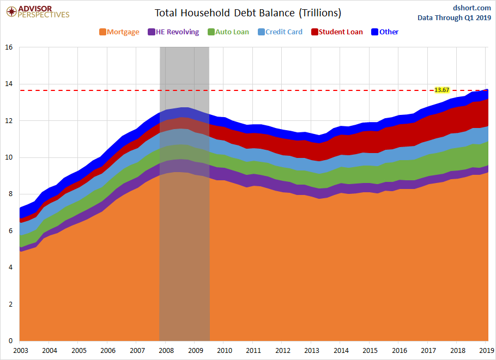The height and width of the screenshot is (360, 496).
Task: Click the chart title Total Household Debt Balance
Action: tap(248, 13)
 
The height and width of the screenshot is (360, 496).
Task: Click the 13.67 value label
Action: tap(441, 90)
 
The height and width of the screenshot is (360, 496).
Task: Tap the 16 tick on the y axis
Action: tap(9, 47)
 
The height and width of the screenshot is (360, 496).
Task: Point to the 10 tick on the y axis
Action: tap(9, 157)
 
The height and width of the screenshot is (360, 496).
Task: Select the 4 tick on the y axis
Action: tap(10, 267)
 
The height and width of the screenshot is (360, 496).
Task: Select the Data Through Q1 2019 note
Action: tap(454, 17)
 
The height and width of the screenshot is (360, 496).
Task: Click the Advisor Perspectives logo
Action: tap(38, 11)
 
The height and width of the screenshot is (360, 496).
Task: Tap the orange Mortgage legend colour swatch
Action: tap(102, 32)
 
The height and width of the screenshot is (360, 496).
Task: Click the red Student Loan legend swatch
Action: tap(314, 32)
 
